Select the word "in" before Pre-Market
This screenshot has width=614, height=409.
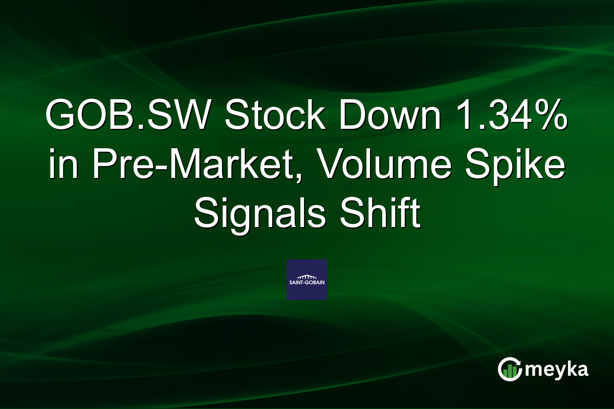[61, 168]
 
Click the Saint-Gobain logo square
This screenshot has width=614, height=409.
[306, 280]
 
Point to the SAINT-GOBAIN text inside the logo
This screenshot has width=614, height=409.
[306, 283]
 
